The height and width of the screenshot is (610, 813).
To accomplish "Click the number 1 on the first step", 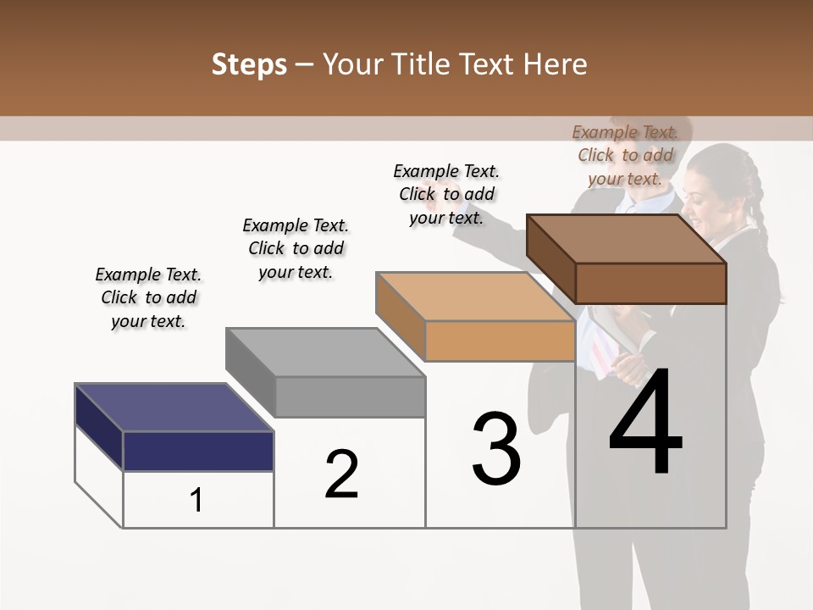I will (x=196, y=500).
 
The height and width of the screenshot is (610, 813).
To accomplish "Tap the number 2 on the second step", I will (x=341, y=474).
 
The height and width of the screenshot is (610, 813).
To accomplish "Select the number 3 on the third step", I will (x=495, y=448).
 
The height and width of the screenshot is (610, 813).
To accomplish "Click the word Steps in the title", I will (x=249, y=64).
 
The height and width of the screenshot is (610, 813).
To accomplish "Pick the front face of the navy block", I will (x=198, y=451).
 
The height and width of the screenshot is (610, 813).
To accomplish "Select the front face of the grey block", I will (x=350, y=396).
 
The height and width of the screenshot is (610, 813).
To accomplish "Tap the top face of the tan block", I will (x=475, y=297).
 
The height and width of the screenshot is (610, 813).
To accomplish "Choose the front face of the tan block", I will (x=500, y=341).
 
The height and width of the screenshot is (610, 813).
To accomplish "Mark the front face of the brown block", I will (x=650, y=283).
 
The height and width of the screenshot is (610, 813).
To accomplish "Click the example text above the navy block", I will (x=148, y=297).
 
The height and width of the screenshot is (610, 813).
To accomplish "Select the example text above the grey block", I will (x=296, y=248).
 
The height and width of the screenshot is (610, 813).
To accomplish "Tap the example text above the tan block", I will (x=446, y=194).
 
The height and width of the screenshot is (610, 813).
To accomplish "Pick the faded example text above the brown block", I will (x=625, y=155).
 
